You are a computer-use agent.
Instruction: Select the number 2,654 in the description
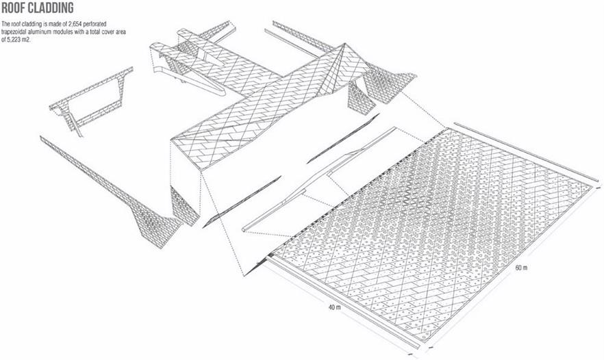(x=75, y=24)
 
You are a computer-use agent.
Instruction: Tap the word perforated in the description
(x=95, y=24)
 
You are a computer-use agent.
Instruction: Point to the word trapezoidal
(x=14, y=32)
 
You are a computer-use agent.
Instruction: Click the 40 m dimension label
(x=334, y=307)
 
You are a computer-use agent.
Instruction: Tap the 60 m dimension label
(x=521, y=268)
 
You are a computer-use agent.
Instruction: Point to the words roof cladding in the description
(x=24, y=24)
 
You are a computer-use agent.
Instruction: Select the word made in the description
(x=51, y=24)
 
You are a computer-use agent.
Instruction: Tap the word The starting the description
(x=5, y=24)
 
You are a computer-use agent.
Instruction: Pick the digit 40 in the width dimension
(x=331, y=307)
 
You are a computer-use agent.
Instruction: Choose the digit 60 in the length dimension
(x=518, y=268)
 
